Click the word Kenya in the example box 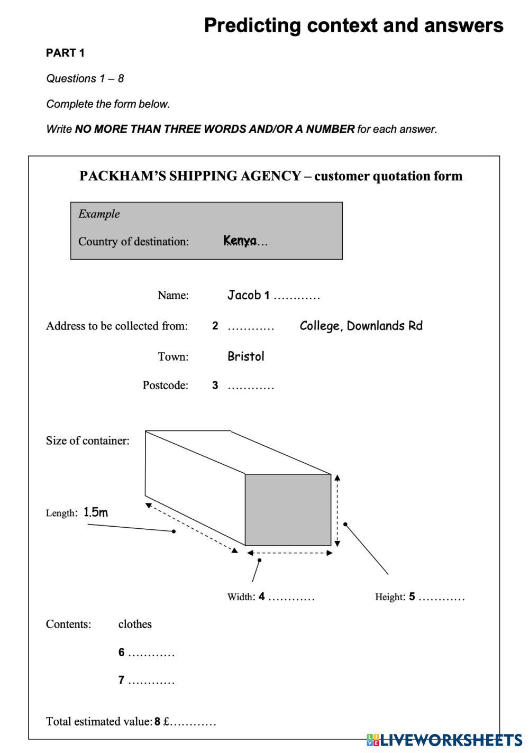point(240,241)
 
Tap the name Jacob point(244,295)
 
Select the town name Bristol point(245,356)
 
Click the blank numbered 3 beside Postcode point(251,386)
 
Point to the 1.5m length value point(96,512)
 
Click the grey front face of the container point(288,509)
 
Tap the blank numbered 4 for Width point(291,598)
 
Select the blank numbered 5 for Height point(441,598)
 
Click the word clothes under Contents point(135,624)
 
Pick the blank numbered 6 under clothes point(151,653)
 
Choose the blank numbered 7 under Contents point(151,681)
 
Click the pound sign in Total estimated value point(166,721)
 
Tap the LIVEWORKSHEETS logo point(444,740)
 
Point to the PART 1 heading point(65,53)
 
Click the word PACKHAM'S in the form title point(122,176)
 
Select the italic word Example point(99,214)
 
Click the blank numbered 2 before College point(251,326)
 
